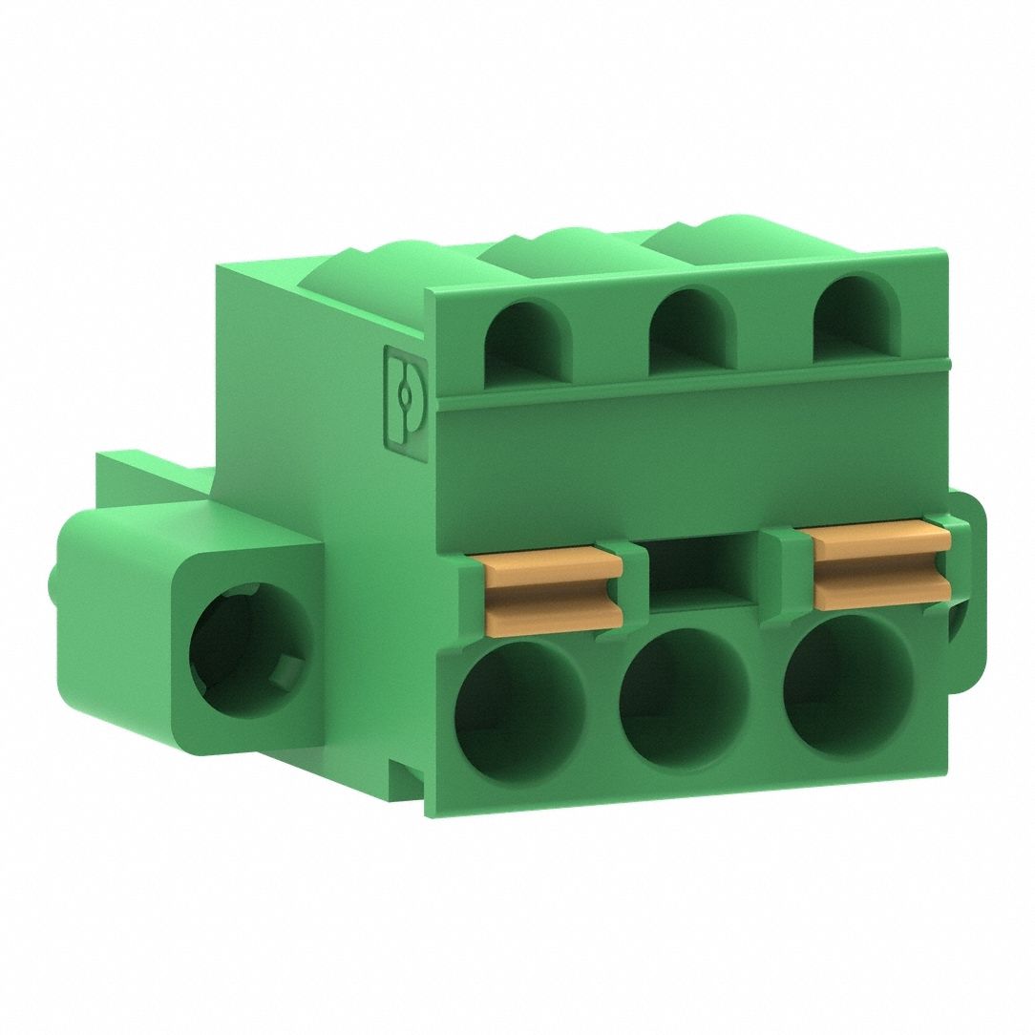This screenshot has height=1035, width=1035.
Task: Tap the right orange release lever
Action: click(x=881, y=567)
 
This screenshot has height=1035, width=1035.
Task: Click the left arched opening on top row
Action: click(x=528, y=344)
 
